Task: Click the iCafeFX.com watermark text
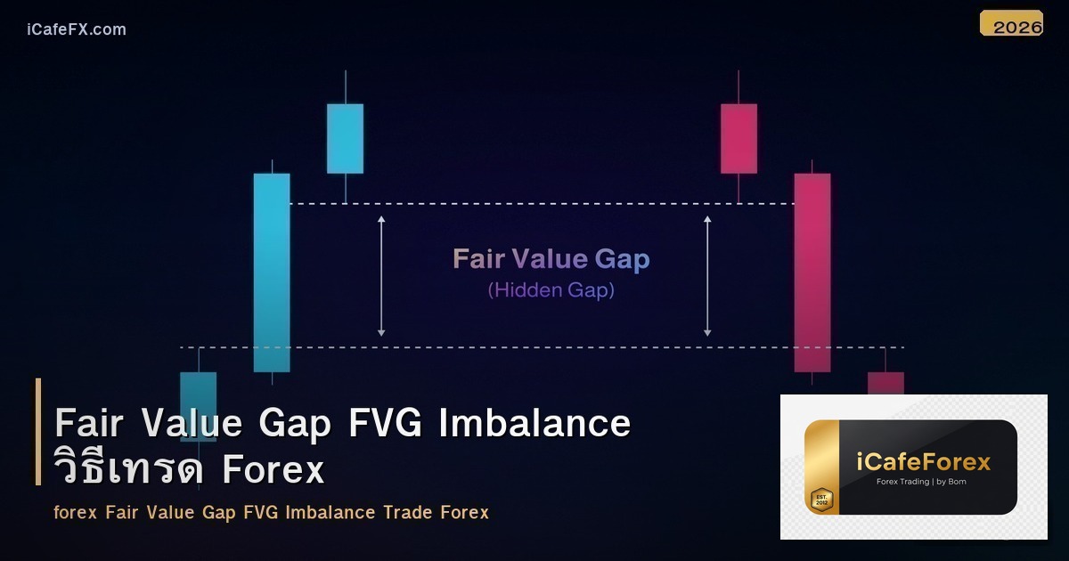point(77,29)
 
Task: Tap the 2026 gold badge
point(1012,25)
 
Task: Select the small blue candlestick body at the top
point(345,138)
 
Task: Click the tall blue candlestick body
point(272,272)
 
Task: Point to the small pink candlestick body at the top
point(739,138)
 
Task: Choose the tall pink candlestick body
point(812,272)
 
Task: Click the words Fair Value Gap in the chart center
point(551,259)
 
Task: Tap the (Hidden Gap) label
point(551,290)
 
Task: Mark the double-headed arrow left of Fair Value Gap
point(381,275)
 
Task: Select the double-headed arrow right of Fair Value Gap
point(708,275)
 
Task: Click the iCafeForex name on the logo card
point(924,462)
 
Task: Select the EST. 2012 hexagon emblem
point(820,499)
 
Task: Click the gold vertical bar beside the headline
point(38,432)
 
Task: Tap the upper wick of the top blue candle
point(345,86)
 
